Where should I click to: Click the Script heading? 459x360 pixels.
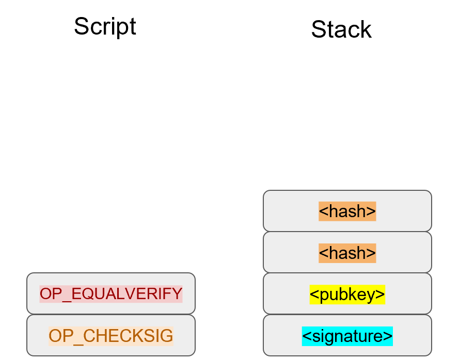[x=105, y=26]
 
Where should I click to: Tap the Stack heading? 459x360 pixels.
[x=341, y=29]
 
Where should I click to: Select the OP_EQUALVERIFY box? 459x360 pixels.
[x=110, y=293]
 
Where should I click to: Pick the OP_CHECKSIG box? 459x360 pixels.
[x=110, y=335]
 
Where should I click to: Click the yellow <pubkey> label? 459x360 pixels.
[x=347, y=294]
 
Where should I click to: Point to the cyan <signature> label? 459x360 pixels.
[x=347, y=336]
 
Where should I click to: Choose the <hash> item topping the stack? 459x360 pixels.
[x=347, y=211]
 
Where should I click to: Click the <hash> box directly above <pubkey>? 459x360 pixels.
[x=347, y=252]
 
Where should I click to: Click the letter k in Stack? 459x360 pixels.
[x=366, y=30]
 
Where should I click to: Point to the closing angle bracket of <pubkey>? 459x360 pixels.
[x=381, y=294]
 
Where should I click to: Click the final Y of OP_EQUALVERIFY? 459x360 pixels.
[x=177, y=294]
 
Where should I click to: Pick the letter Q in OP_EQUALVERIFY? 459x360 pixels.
[x=87, y=294]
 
